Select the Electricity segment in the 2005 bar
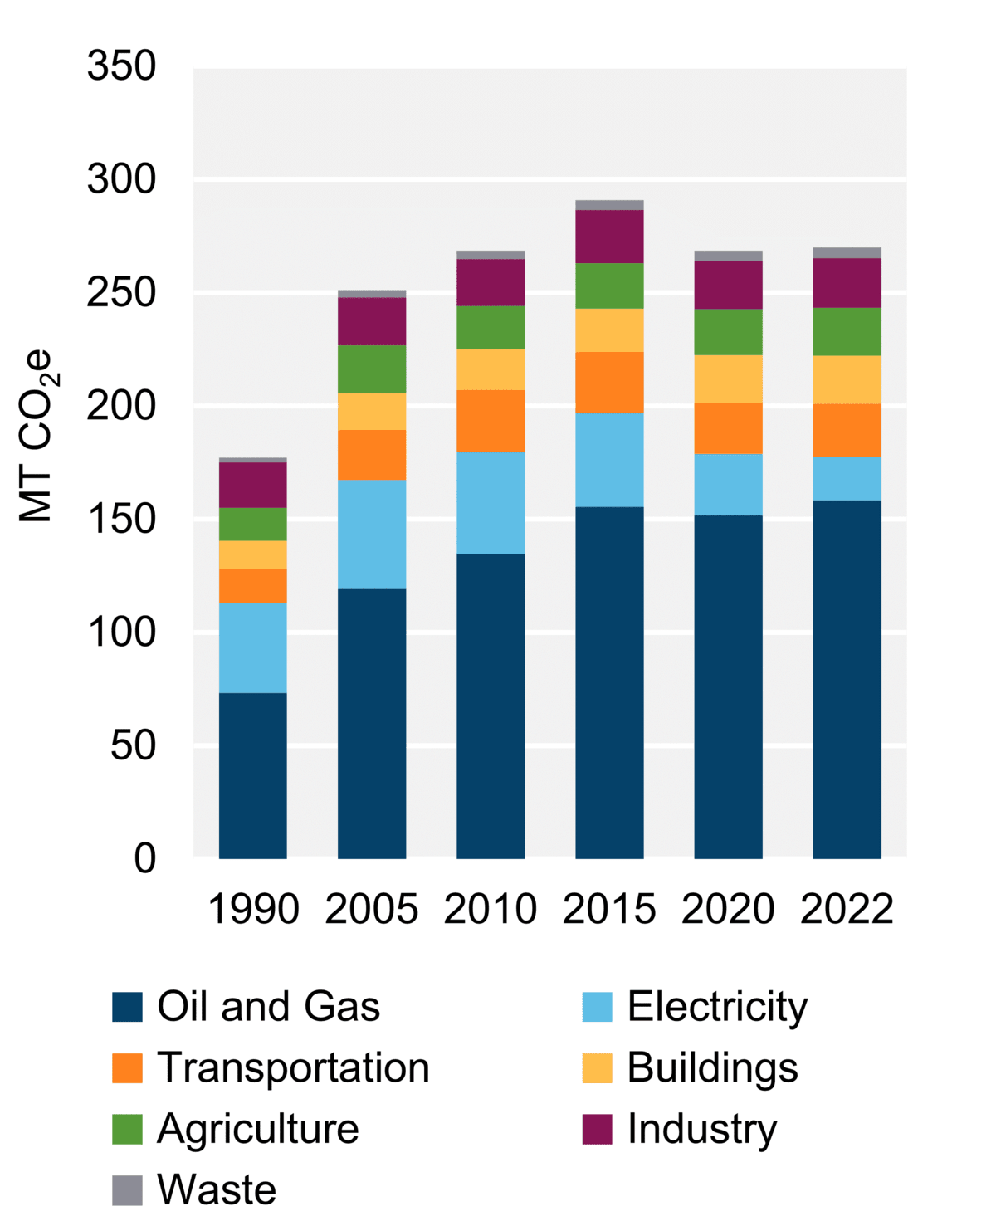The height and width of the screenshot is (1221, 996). [372, 533]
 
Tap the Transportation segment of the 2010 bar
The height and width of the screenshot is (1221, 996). [491, 420]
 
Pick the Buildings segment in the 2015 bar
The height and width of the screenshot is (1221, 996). [609, 330]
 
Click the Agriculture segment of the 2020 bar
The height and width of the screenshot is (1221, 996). [728, 331]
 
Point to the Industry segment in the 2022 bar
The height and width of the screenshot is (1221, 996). [847, 282]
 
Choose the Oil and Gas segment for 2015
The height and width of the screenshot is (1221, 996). [609, 681]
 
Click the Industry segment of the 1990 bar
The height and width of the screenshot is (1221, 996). [252, 484]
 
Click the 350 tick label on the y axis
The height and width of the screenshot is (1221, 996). [121, 66]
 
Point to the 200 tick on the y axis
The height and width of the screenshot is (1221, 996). [121, 406]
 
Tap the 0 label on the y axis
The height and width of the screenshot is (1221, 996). [144, 858]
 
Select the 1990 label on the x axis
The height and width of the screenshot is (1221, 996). [253, 909]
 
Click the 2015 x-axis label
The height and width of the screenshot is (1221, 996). [609, 909]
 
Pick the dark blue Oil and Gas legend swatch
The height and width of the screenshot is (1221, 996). [127, 1007]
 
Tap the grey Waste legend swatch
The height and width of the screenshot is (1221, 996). [127, 1190]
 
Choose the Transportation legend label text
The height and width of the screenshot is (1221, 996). [293, 1067]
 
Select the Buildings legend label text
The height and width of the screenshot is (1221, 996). [712, 1067]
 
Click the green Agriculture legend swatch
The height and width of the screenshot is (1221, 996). [127, 1129]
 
